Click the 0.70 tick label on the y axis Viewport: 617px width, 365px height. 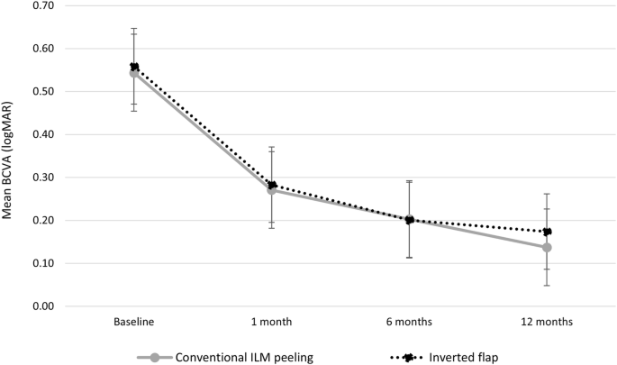coord(42,5)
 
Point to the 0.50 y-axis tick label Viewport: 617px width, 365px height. coord(42,92)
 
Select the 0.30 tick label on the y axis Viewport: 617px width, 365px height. coord(42,178)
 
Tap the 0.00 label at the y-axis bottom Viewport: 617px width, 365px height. coord(42,306)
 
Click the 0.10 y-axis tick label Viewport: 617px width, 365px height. coord(42,263)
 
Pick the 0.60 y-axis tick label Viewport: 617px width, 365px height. coord(42,49)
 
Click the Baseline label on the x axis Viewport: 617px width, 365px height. coord(134,322)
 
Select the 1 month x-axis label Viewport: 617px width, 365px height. coord(271,322)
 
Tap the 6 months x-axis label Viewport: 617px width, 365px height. coord(408,322)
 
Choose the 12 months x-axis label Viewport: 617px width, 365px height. coord(546,322)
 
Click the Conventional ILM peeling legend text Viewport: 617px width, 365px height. coord(246,357)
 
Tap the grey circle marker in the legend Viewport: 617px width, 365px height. coord(155,357)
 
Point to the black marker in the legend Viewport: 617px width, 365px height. coord(408,357)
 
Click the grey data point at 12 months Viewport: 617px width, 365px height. coord(546,247)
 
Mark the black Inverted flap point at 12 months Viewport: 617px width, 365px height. coord(546,232)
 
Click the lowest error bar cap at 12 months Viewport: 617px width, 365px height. coord(546,286)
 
